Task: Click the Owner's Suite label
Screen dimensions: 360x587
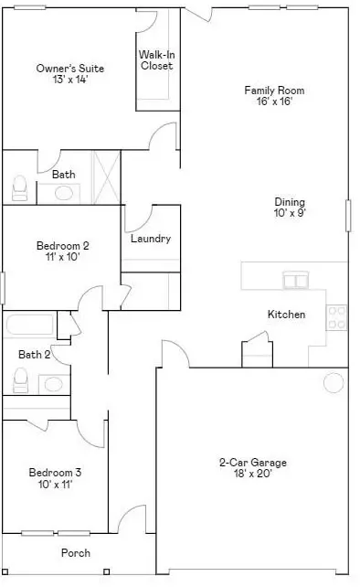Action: pyautogui.click(x=70, y=69)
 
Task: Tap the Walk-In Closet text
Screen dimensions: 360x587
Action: pyautogui.click(x=157, y=60)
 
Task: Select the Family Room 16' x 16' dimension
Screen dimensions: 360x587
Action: pyautogui.click(x=274, y=101)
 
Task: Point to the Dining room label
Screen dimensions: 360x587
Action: pyautogui.click(x=290, y=202)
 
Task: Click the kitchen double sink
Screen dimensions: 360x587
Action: pyautogui.click(x=296, y=280)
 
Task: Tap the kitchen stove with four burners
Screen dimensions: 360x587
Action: pyautogui.click(x=337, y=317)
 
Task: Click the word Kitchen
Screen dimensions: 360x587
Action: pyautogui.click(x=286, y=315)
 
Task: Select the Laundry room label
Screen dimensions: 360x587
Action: pyautogui.click(x=151, y=239)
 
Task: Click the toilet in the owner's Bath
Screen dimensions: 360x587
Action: pyautogui.click(x=19, y=187)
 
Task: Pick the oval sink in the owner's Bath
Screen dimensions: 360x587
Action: pyautogui.click(x=64, y=193)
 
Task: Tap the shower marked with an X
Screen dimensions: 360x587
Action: pyautogui.click(x=106, y=177)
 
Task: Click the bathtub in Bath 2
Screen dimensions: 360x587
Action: pyautogui.click(x=29, y=325)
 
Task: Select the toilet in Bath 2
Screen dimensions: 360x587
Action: pyautogui.click(x=21, y=380)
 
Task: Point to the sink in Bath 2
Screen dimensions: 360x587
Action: pyautogui.click(x=54, y=384)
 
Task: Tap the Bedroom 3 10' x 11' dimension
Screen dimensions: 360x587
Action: pyautogui.click(x=55, y=485)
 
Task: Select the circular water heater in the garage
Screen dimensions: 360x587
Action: pyautogui.click(x=334, y=383)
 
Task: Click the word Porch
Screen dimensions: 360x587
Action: pyautogui.click(x=76, y=553)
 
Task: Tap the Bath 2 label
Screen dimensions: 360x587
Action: pyautogui.click(x=34, y=354)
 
